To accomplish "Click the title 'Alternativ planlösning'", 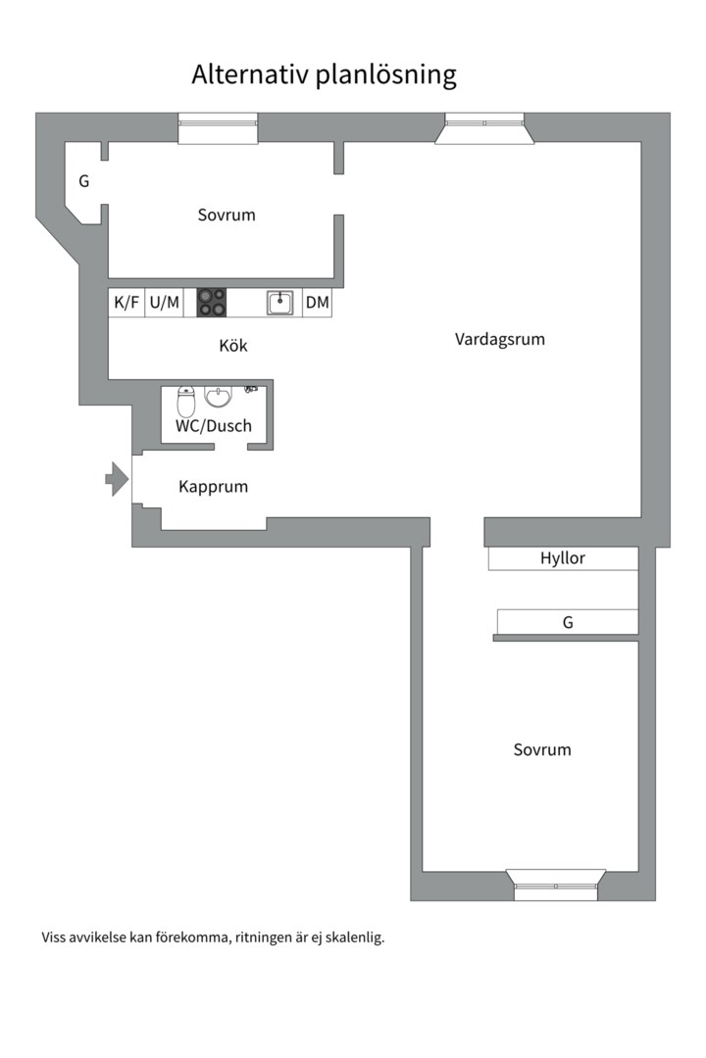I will (324, 74).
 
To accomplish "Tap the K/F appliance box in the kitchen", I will (126, 303).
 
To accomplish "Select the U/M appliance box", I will (165, 303).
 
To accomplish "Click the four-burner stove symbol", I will (212, 303).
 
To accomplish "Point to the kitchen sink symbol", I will (280, 303).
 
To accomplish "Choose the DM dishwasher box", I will (318, 303).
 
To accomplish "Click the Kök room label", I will (233, 346).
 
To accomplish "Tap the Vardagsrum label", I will (499, 339).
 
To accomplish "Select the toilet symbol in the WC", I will (186, 402).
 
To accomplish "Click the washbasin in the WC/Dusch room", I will (218, 396).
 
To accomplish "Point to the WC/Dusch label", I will (214, 426).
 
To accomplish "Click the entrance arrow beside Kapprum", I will (117, 478).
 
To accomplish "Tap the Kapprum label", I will (213, 487).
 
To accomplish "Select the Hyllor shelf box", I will (563, 558).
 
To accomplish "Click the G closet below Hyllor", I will (568, 622).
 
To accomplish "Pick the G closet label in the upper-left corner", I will (84, 181).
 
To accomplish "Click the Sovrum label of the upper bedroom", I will (227, 215).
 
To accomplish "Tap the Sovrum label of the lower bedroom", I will (542, 749).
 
